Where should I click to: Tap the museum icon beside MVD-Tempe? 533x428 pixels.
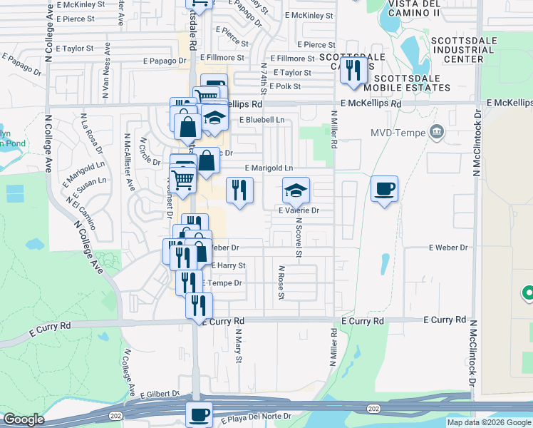[x=438, y=132]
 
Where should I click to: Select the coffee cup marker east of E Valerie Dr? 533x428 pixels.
[x=384, y=189]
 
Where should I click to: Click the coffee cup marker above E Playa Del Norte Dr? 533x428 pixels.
[x=199, y=414]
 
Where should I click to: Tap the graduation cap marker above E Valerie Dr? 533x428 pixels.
[x=296, y=190]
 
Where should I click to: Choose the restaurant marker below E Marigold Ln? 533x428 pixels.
[x=239, y=190]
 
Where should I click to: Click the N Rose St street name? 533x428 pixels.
[x=281, y=282]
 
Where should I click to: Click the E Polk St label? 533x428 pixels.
[x=284, y=86]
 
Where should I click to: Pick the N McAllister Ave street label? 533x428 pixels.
[x=130, y=163]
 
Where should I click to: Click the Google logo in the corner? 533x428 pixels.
[x=24, y=419]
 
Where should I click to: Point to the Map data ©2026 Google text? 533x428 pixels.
[x=488, y=422]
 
